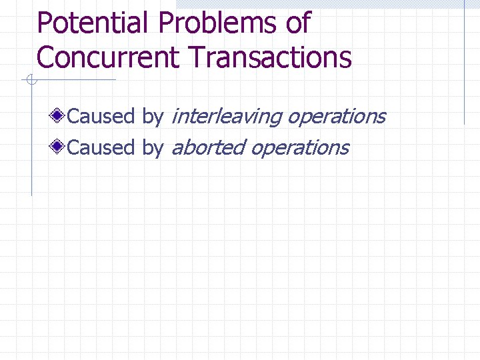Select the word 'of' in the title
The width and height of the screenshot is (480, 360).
297,23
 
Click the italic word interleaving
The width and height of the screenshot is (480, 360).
226,117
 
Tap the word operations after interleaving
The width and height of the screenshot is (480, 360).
336,117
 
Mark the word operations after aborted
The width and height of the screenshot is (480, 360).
299,148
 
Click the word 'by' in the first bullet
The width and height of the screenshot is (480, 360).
153,117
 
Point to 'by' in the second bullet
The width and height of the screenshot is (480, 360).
153,148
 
